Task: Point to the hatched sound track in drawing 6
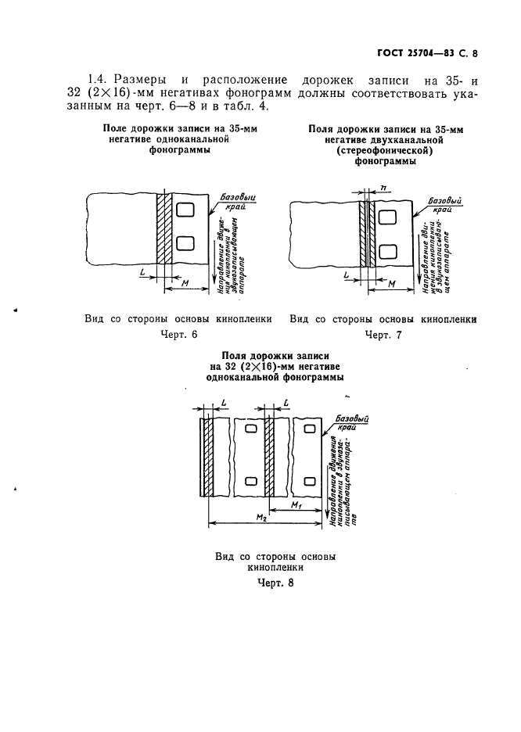(163, 229)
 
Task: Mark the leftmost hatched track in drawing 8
(206, 457)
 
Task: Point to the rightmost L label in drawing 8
(287, 403)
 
